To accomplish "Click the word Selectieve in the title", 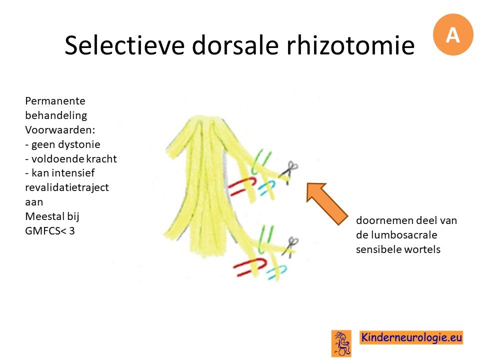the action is coord(124,45).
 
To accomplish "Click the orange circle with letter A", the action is coord(453,34).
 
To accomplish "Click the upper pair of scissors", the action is coord(289,172).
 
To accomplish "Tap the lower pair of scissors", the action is coord(290,246).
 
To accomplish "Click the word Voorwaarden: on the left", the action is coord(60,130).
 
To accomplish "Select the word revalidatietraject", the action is coord(67,187).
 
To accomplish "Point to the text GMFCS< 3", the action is coord(50,231).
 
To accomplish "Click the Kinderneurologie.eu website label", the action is coord(411,337).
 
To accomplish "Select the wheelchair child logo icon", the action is coord(341,343).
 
